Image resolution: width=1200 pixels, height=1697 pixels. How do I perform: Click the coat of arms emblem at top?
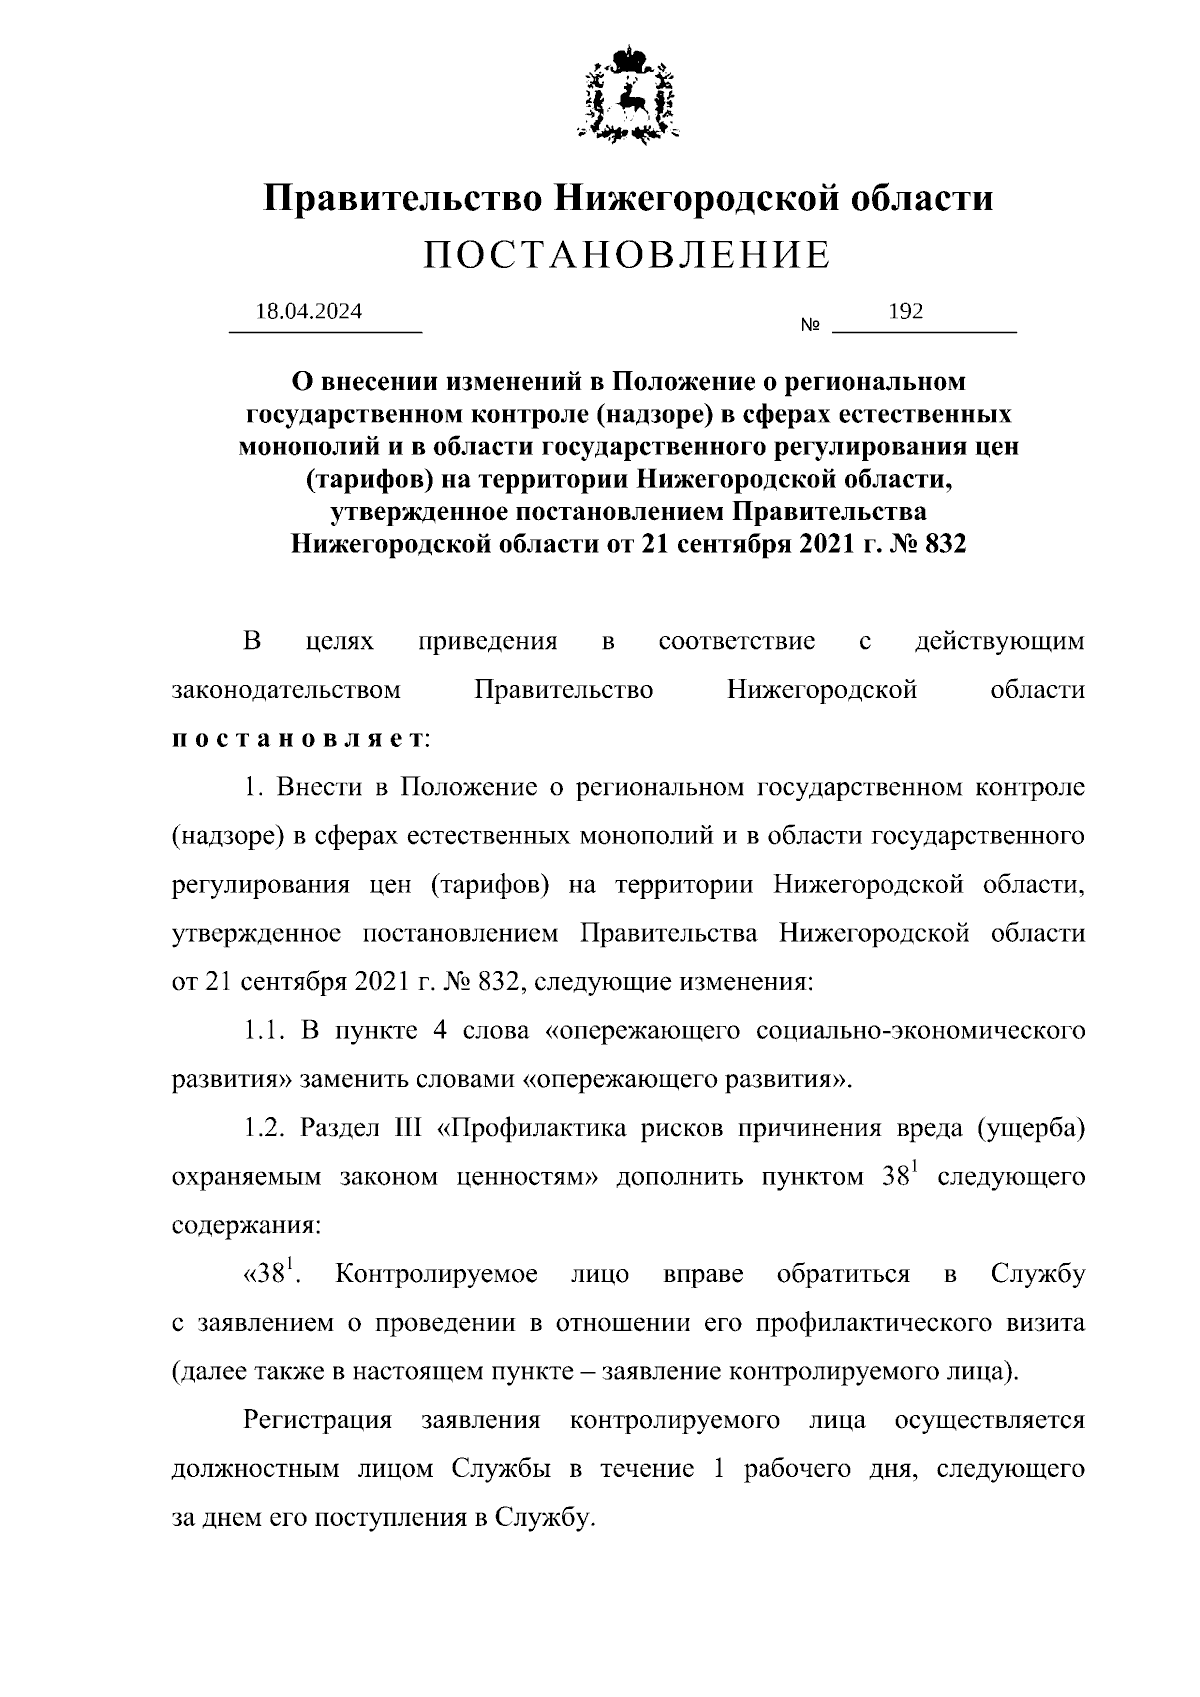click(x=628, y=93)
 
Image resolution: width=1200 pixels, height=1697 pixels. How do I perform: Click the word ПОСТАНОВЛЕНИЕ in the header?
click(x=627, y=256)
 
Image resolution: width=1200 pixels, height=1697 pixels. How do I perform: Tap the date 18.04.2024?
click(x=309, y=311)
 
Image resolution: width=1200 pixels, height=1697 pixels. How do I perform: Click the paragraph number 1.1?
click(x=267, y=1030)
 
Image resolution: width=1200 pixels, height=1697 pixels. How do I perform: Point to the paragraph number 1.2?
click(x=267, y=1128)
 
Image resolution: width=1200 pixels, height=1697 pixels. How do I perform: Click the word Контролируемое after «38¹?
click(x=437, y=1274)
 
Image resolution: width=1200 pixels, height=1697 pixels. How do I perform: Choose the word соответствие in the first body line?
click(x=737, y=641)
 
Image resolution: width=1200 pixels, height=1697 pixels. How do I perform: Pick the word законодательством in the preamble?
click(x=287, y=690)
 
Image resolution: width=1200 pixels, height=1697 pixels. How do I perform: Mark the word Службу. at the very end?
click(x=551, y=1518)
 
